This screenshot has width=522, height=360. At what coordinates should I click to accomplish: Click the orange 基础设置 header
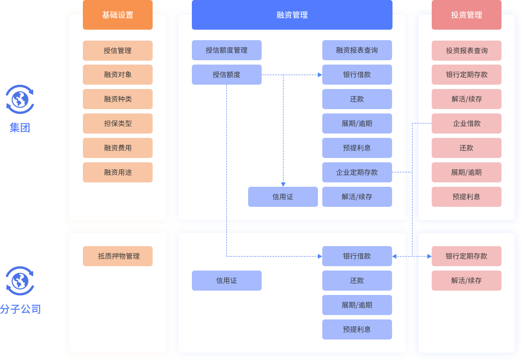coord(118,15)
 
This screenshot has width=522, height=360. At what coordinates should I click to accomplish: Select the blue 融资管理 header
coord(292,15)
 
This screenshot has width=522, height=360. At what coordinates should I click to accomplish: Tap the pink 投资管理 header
coord(466,15)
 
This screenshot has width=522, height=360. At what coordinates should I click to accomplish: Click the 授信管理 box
coord(118,51)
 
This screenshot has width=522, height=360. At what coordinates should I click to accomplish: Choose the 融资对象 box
coord(118,75)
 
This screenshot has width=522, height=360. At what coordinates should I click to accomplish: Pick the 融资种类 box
coord(118,99)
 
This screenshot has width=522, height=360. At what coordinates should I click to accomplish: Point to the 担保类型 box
coord(118,123)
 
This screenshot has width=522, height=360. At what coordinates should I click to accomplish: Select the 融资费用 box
coord(118,148)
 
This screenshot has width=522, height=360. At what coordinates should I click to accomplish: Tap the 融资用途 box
coord(118,172)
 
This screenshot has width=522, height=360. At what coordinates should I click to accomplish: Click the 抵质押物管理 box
coord(118,256)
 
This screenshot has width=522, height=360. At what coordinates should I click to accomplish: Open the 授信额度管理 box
coord(226,50)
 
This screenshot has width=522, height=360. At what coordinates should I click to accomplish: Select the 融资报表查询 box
coord(357,50)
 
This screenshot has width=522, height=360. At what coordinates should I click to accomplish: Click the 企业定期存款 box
coord(357,172)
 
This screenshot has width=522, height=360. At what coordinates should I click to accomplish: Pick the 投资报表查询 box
coord(466,51)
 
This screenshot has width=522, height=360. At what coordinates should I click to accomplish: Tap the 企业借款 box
coord(466,123)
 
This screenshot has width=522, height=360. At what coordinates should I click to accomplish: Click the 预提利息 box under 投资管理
coord(466,197)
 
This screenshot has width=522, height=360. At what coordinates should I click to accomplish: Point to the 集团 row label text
coord(20,128)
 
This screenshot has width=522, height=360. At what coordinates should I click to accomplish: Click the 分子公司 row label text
coord(20,309)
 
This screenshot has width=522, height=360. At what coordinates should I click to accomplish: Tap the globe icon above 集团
coord(20,99)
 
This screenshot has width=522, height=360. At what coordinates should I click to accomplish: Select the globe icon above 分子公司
coord(20,281)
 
